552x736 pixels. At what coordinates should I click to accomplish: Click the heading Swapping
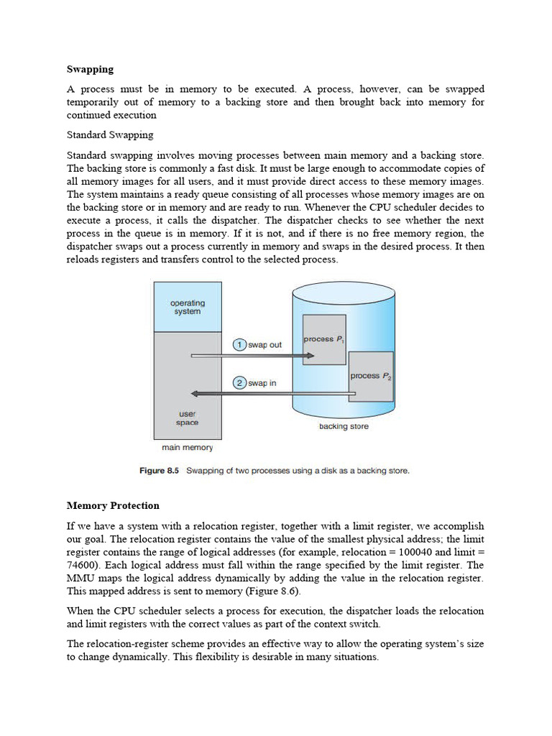91,70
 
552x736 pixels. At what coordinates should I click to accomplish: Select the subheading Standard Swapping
110,135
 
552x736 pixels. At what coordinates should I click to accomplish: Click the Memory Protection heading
113,506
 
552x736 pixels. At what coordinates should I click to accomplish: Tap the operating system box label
187,307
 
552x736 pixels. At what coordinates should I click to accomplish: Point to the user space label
187,418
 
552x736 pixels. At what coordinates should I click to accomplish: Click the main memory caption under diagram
187,448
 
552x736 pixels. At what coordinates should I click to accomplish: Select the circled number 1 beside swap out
239,345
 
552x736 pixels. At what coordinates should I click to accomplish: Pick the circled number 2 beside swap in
239,383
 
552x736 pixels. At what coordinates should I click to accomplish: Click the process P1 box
324,340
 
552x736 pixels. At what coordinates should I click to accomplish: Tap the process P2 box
371,377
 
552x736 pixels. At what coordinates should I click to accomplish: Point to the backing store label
344,427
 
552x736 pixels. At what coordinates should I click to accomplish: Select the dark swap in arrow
273,393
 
